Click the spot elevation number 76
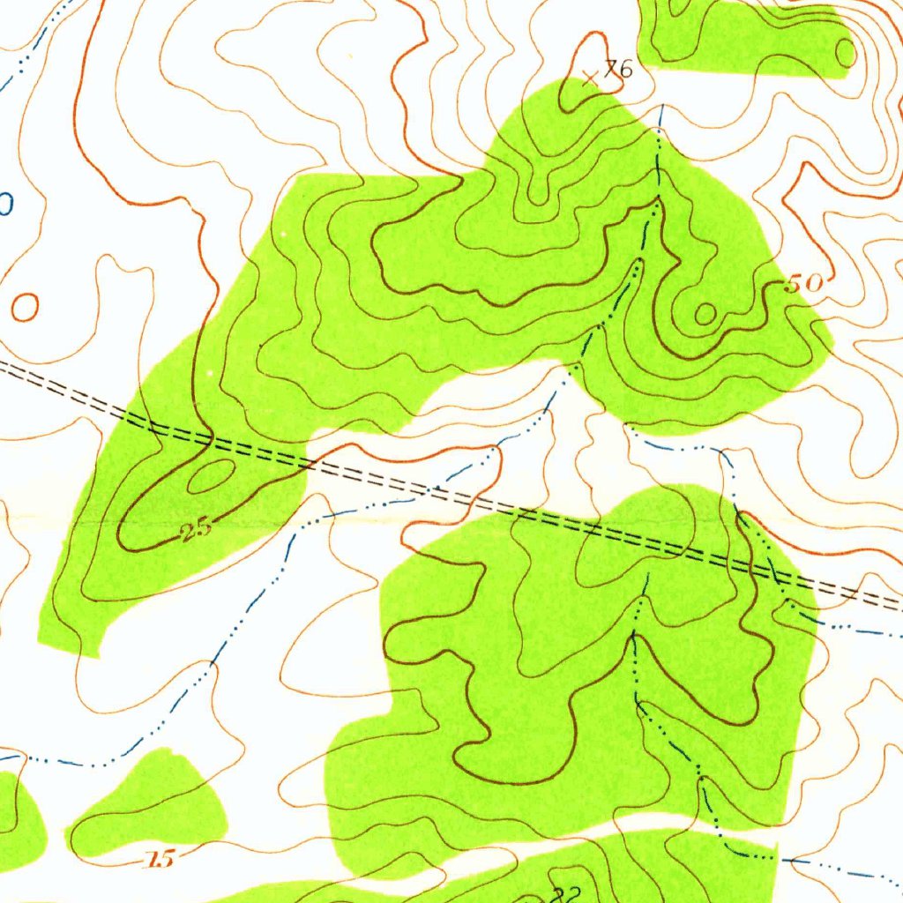coord(619,69)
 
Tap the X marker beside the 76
coord(592,78)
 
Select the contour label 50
coord(802,283)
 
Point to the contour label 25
coord(195,529)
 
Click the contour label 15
coord(160,858)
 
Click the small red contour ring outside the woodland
coord(26,306)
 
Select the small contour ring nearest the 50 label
coord(705,312)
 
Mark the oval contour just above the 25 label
coord(211,476)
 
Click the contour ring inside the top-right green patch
coord(845,53)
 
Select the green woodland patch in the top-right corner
coord(741,35)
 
